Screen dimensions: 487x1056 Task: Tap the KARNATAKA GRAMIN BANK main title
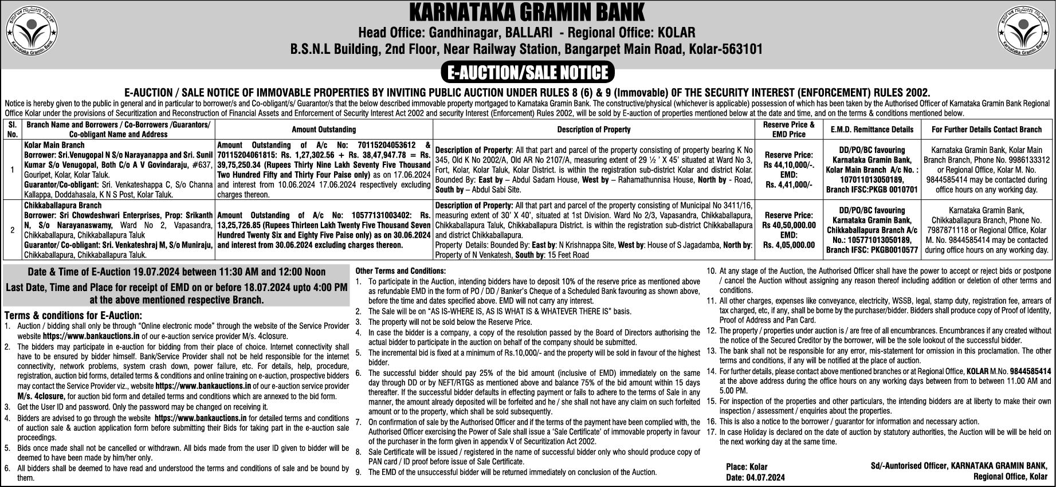click(x=527, y=11)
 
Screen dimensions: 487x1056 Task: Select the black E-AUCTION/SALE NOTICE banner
click(x=527, y=72)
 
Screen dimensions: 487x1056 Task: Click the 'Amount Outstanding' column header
click(x=324, y=129)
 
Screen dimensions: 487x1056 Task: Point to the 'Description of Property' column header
click(x=594, y=129)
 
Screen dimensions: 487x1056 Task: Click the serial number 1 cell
click(x=13, y=170)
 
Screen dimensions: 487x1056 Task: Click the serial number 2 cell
click(x=13, y=229)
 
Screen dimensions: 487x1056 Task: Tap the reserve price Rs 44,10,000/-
click(x=788, y=164)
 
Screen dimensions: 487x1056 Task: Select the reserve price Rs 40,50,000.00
click(x=788, y=225)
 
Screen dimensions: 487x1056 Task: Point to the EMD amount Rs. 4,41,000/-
click(x=788, y=184)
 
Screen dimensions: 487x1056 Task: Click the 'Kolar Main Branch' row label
click(x=54, y=146)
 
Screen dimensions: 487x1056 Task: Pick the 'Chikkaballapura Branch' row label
click(x=63, y=205)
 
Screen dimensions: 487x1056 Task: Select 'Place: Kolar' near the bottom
click(x=747, y=467)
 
